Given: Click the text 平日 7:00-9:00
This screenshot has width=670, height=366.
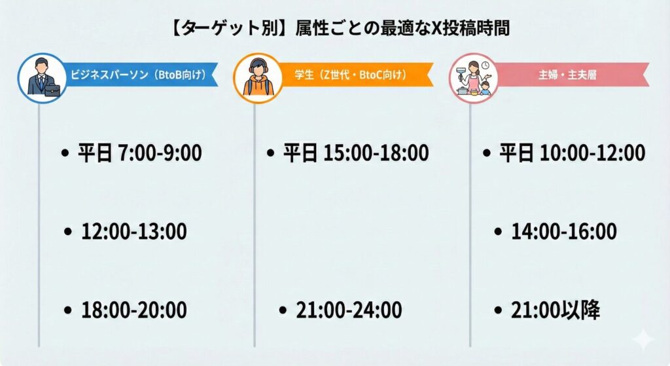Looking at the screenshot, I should tap(139, 154).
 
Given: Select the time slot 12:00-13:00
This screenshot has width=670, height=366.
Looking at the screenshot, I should tap(134, 231).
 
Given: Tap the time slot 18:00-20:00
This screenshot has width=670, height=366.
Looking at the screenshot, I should tap(134, 310).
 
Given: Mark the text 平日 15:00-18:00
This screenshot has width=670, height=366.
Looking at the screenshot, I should tap(355, 154).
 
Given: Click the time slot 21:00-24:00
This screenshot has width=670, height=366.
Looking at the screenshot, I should tap(349, 310).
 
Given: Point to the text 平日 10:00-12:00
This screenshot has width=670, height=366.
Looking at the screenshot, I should tap(572, 154).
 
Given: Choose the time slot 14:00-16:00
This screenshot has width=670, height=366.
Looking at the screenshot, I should tap(564, 231).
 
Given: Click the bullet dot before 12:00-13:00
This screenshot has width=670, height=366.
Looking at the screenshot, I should tap(68, 231).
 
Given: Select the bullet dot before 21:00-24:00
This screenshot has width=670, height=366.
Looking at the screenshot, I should tap(283, 310).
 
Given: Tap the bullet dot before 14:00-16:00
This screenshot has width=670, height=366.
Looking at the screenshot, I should tap(499, 231).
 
